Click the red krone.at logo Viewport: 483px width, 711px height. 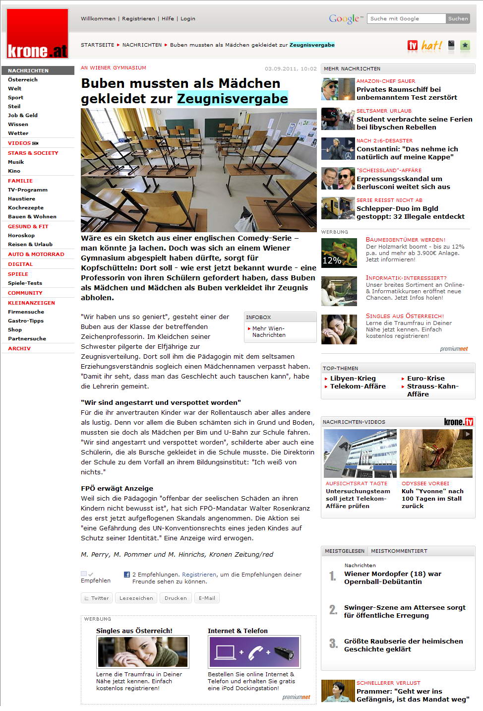(x=38, y=34)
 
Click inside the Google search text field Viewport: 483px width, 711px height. (x=406, y=19)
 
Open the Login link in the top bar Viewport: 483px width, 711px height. (x=187, y=19)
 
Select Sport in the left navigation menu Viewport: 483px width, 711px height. (x=15, y=98)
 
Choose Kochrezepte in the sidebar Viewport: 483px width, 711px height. (x=26, y=208)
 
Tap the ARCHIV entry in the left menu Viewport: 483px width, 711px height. (x=19, y=349)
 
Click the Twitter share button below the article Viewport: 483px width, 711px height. (x=97, y=598)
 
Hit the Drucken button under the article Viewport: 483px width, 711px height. (x=176, y=598)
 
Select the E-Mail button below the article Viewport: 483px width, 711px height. (x=207, y=598)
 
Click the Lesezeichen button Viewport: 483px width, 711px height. (x=136, y=598)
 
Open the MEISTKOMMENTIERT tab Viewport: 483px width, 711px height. (x=399, y=551)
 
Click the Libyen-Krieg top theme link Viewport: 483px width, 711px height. (x=353, y=379)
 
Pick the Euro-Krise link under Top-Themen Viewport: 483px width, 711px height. (x=425, y=379)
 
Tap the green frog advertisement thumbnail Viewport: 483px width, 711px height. (x=339, y=253)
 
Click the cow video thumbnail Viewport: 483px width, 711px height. (x=436, y=453)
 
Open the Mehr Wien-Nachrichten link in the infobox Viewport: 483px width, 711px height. (x=269, y=331)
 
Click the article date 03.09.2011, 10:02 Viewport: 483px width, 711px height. (x=291, y=69)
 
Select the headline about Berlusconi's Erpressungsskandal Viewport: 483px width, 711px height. (x=403, y=183)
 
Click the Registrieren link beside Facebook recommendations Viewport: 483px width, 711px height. (x=199, y=575)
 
